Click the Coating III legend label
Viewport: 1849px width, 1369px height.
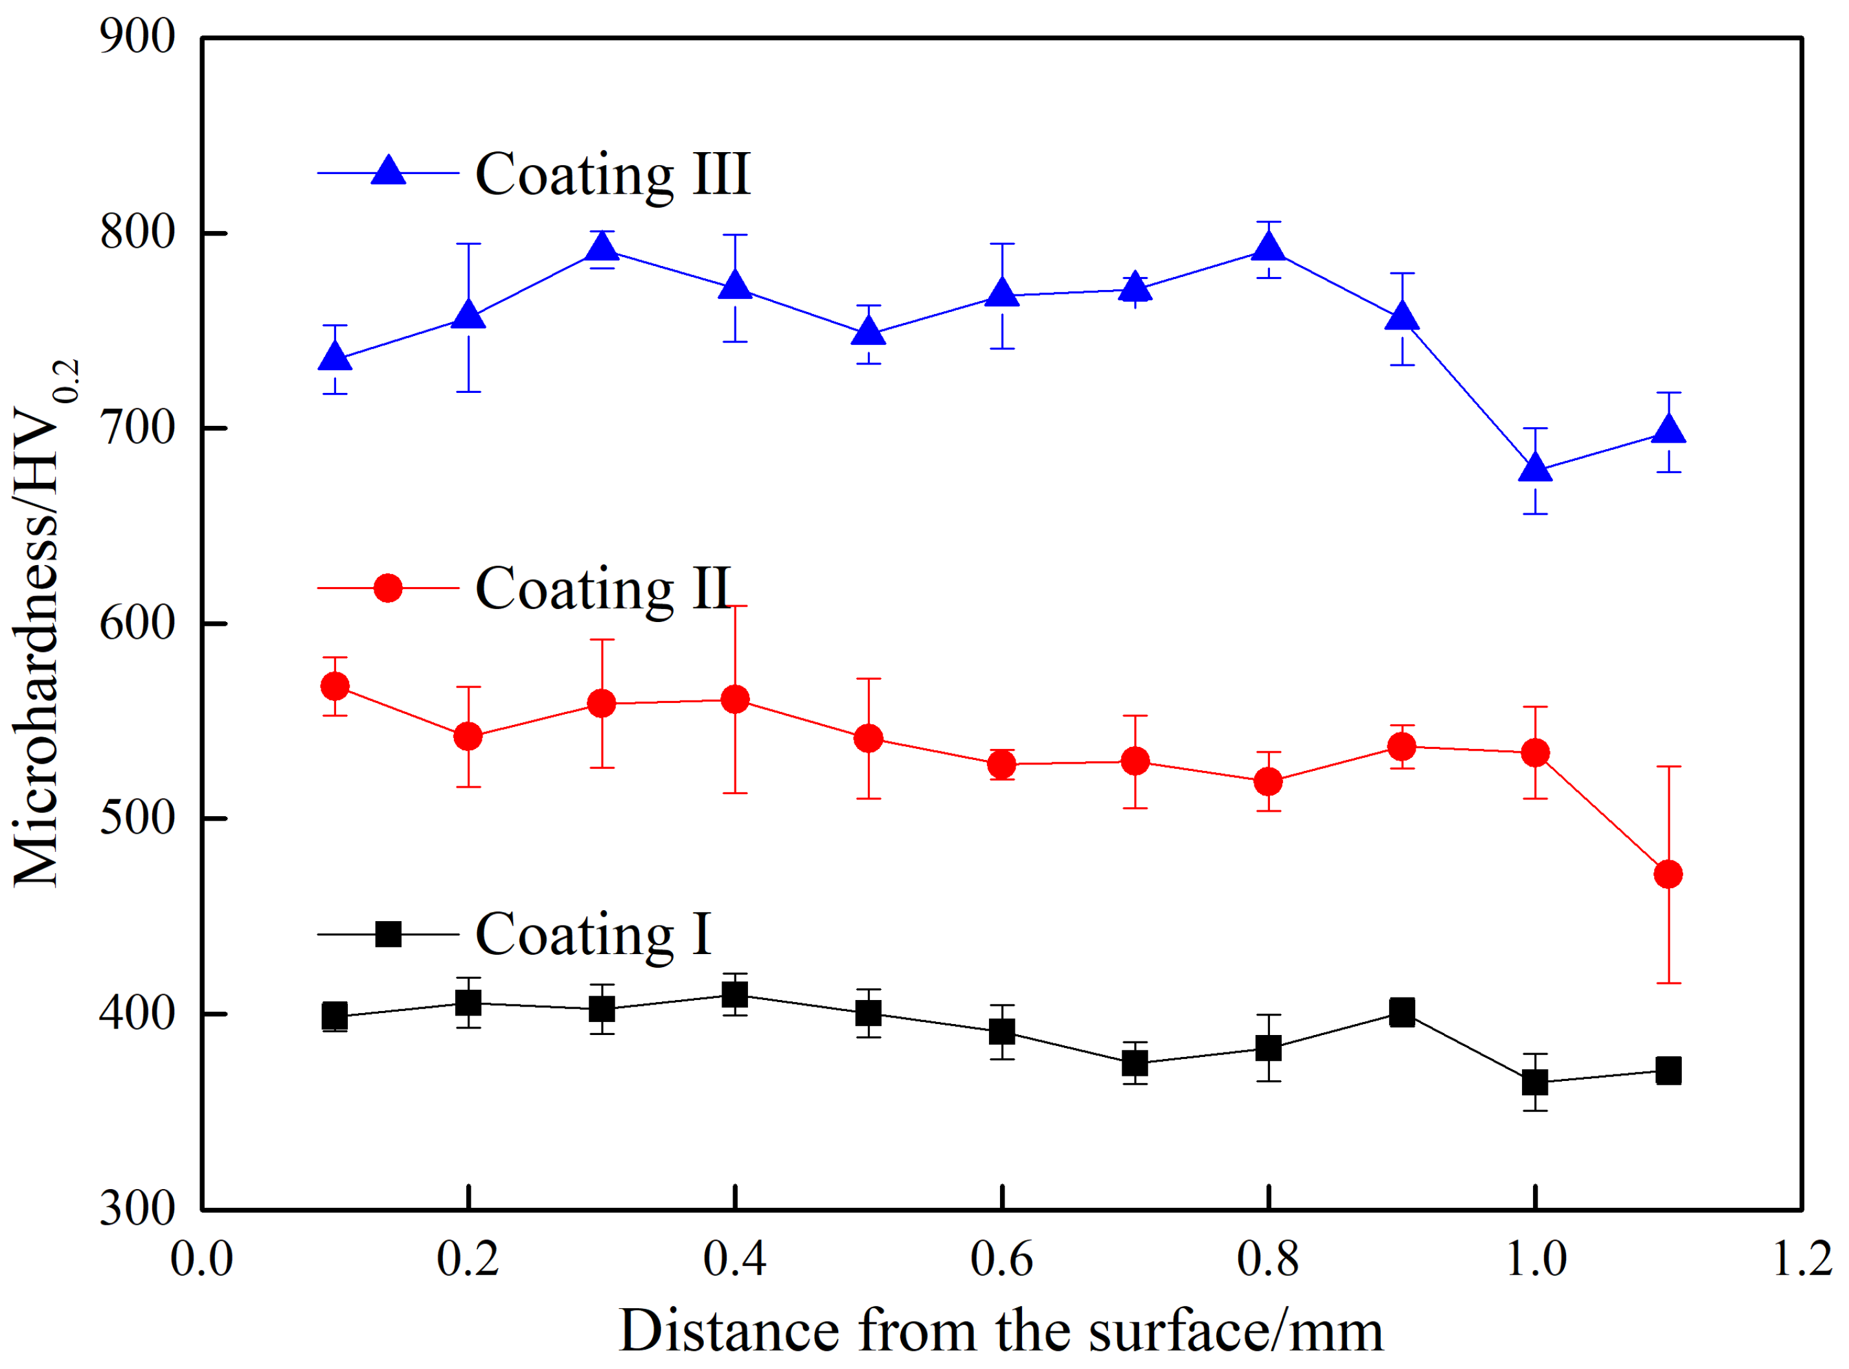point(612,175)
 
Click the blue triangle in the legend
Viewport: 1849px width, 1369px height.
point(388,172)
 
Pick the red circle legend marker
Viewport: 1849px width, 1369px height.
point(388,588)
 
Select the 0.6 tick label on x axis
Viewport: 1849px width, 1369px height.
point(1002,1260)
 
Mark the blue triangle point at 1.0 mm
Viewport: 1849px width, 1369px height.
point(1536,468)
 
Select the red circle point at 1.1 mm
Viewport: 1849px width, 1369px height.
point(1668,874)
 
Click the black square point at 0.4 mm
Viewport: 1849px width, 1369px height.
point(734,994)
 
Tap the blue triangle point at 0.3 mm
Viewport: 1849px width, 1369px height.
point(602,247)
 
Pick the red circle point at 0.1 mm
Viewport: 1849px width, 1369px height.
point(335,686)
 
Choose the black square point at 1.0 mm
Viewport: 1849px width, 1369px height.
point(1536,1082)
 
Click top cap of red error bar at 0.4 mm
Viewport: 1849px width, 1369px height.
point(734,607)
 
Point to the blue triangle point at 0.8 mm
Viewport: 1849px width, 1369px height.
point(1269,247)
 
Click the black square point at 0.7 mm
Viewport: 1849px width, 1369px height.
point(1135,1063)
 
